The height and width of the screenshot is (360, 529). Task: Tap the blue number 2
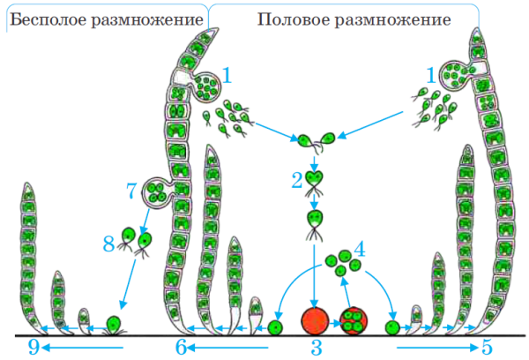click(x=297, y=179)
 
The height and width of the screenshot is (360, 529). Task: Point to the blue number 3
click(x=315, y=349)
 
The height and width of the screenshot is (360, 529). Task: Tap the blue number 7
click(x=131, y=189)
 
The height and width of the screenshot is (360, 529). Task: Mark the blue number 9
click(x=33, y=349)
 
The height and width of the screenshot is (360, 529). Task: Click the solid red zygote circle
click(x=315, y=322)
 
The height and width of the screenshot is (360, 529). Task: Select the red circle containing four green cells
click(x=354, y=322)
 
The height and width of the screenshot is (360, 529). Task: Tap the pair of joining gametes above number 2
click(x=315, y=139)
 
